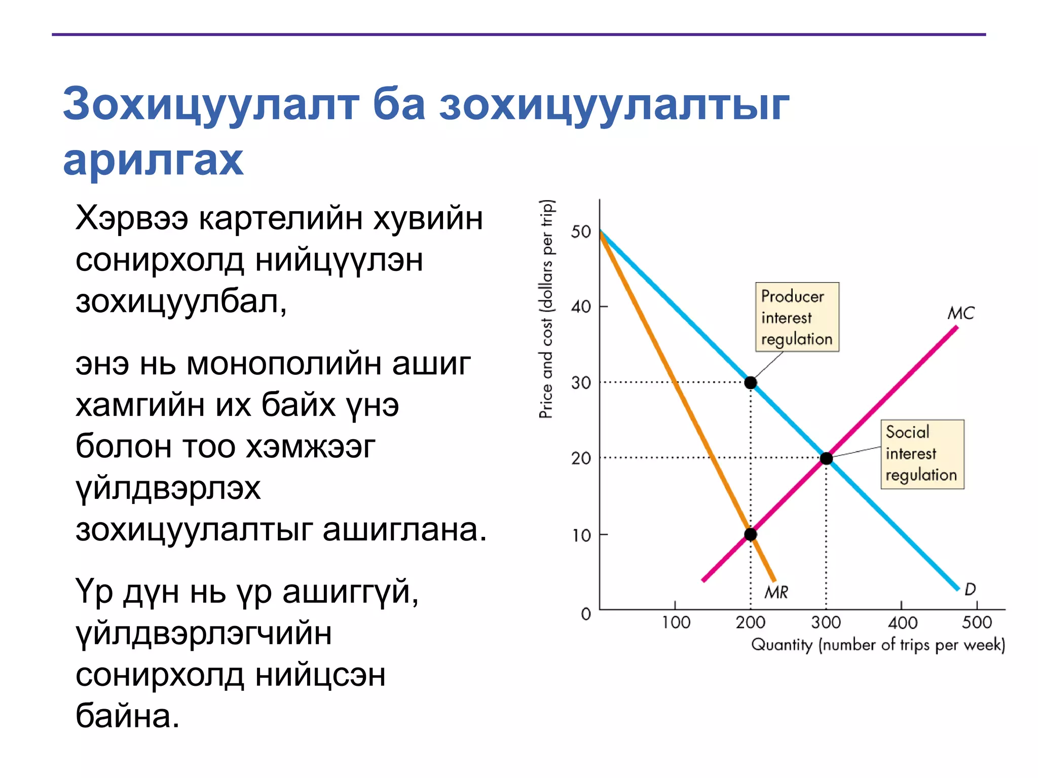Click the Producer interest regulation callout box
pyautogui.click(x=797, y=317)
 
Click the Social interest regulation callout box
pyautogui.click(x=922, y=454)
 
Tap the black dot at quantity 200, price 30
pyautogui.click(x=751, y=382)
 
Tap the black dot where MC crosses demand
pyautogui.click(x=826, y=458)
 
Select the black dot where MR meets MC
pyautogui.click(x=751, y=534)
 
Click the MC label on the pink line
pyautogui.click(x=960, y=313)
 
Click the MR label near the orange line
pyautogui.click(x=776, y=592)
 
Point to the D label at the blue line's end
pyautogui.click(x=970, y=589)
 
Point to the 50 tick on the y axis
pyautogui.click(x=581, y=232)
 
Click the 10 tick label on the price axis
pyautogui.click(x=581, y=535)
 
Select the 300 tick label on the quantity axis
pyautogui.click(x=826, y=622)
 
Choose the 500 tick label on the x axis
pyautogui.click(x=977, y=622)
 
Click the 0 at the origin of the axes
pyautogui.click(x=586, y=614)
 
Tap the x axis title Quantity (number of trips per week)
pyautogui.click(x=878, y=645)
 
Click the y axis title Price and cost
pyautogui.click(x=546, y=309)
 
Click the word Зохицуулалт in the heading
pyautogui.click(x=211, y=104)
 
